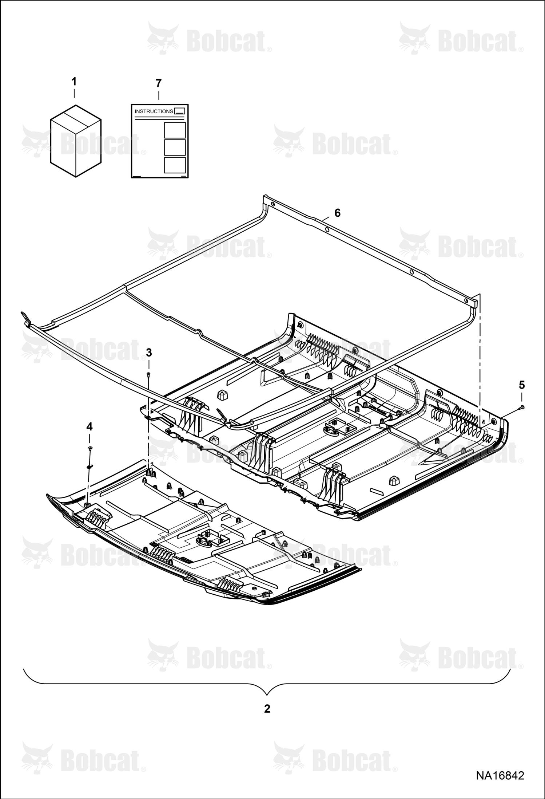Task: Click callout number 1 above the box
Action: coord(74,82)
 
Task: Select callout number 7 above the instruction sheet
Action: coord(159,83)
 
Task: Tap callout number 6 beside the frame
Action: coord(337,213)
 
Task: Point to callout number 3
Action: coord(149,353)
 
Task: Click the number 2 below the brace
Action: coord(267,709)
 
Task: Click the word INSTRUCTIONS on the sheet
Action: coord(154,111)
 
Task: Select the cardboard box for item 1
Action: coord(76,141)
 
